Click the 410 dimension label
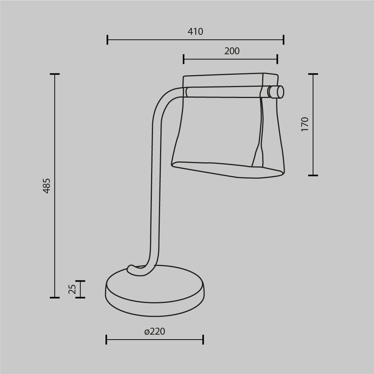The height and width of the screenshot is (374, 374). click(195, 32)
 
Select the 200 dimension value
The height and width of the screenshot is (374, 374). click(232, 51)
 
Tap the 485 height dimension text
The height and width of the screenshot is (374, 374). click(46, 186)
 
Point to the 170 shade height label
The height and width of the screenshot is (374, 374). click(305, 124)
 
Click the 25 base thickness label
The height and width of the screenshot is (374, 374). click(73, 289)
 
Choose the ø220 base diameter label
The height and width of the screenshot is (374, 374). click(155, 331)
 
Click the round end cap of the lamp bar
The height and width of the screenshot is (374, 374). click(277, 92)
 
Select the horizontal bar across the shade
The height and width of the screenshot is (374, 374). click(224, 92)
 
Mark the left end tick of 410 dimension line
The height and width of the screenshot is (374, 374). click(107, 39)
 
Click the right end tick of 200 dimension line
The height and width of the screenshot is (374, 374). click(277, 59)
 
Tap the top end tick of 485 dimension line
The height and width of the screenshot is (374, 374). click(55, 74)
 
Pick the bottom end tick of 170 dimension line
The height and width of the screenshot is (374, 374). click(313, 175)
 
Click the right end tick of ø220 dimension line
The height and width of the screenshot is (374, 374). click(203, 340)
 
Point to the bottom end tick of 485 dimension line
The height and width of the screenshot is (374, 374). click(55, 298)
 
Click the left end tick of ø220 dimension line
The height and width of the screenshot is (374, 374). click(107, 340)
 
